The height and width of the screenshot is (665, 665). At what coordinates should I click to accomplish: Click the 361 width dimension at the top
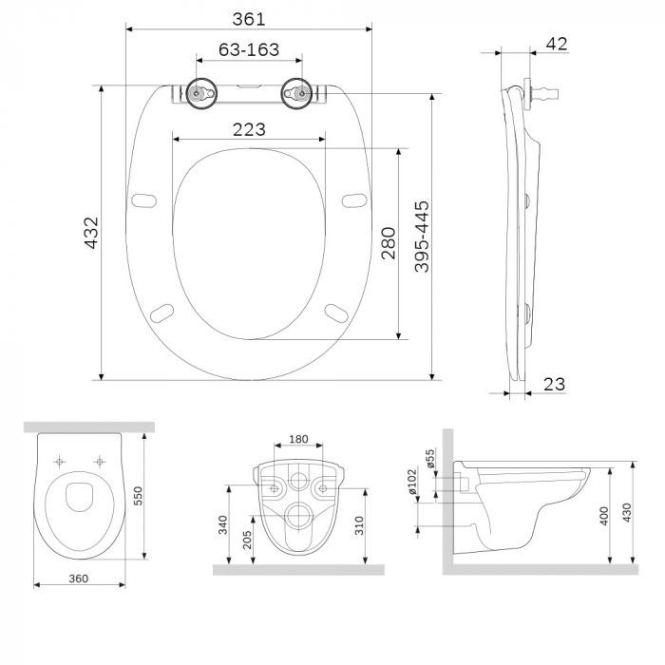point(249,19)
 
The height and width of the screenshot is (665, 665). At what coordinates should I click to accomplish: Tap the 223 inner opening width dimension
point(249,129)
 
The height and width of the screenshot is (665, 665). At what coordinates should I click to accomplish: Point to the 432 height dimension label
point(92,233)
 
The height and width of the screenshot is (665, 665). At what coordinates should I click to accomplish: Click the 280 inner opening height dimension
point(387,243)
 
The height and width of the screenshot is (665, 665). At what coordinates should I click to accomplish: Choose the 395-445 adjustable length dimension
point(422,237)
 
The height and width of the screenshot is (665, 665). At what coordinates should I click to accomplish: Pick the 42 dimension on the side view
point(557,43)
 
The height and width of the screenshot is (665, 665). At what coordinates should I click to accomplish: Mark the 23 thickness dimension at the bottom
point(555,383)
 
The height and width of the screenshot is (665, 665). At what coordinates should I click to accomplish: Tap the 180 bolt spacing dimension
point(297,439)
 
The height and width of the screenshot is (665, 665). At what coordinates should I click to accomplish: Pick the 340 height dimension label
point(221,524)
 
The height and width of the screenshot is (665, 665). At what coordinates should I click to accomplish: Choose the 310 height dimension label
point(358,524)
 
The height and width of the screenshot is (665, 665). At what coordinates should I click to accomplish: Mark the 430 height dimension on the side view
point(626,514)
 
